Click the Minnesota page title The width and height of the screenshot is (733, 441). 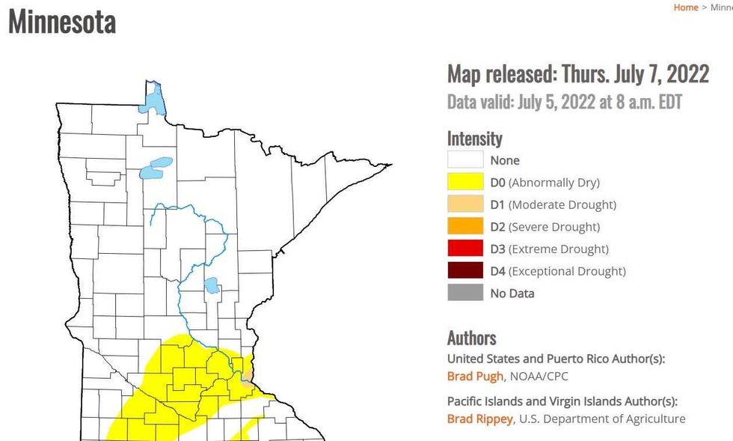[62, 22]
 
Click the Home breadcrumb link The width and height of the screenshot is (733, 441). [685, 7]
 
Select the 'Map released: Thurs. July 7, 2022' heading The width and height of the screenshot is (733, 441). [577, 74]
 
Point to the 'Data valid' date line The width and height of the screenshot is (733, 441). [565, 101]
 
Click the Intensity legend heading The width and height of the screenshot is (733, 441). [474, 139]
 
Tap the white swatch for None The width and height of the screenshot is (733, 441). [465, 160]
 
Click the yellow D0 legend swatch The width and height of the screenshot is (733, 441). [465, 183]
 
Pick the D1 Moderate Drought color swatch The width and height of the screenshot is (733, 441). [465, 204]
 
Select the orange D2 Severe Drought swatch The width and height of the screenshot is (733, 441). [465, 227]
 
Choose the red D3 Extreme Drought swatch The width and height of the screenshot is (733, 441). [465, 249]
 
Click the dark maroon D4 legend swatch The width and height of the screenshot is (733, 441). [465, 271]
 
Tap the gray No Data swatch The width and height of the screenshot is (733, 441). [465, 294]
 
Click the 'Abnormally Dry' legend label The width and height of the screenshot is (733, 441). [555, 183]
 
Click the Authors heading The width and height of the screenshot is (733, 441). [471, 338]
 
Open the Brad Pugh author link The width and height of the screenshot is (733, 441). [475, 376]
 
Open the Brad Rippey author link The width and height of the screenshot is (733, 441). [479, 419]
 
